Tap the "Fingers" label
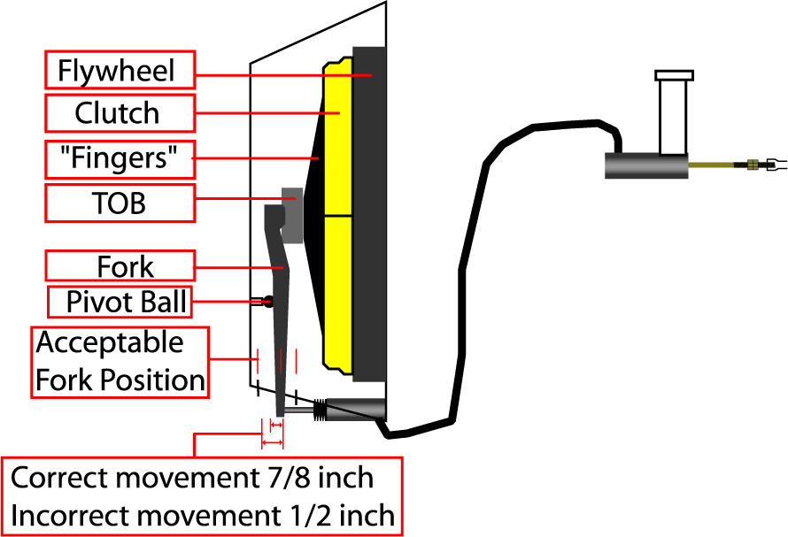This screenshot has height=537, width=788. coord(120,160)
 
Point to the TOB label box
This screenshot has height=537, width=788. coord(120,203)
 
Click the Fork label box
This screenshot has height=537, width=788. coord(120,266)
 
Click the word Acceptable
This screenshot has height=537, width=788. coord(97,342)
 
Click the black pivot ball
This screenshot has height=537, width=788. coord(267,302)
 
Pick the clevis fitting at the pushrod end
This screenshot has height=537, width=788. coord(769,164)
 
